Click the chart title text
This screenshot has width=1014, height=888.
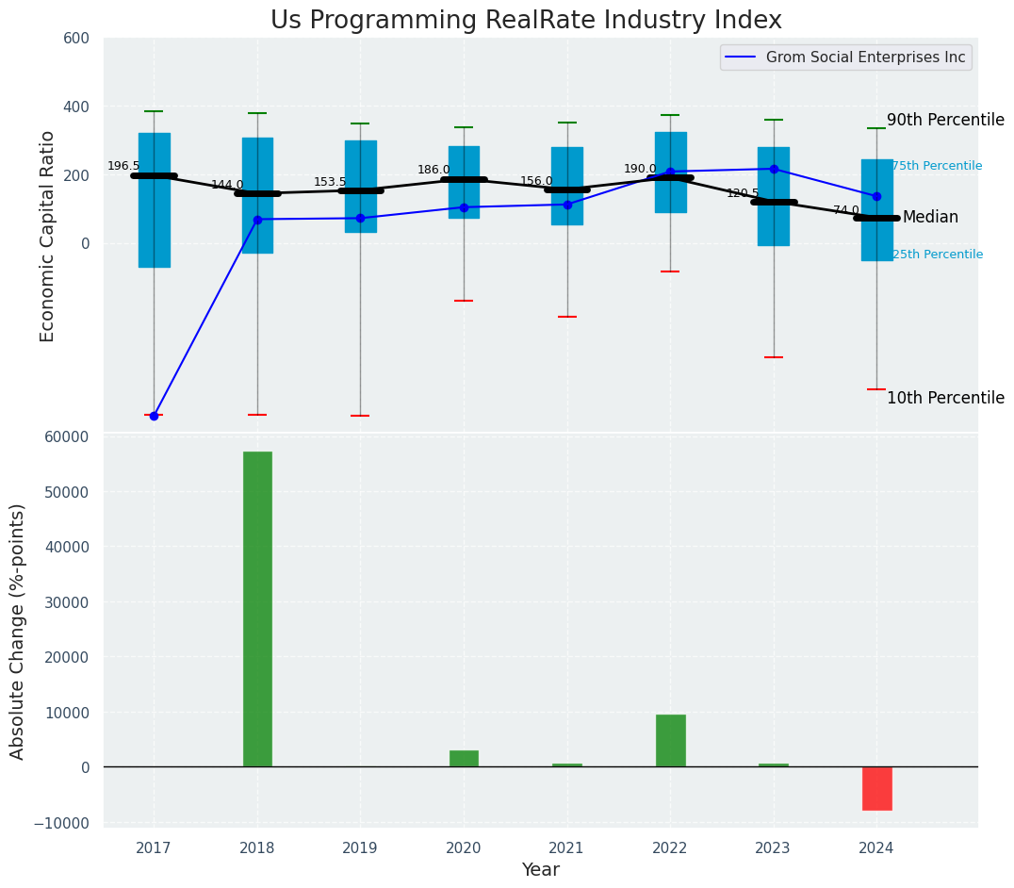(x=526, y=21)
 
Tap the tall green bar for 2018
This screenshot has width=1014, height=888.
(x=257, y=609)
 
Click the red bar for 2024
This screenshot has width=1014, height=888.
(x=876, y=788)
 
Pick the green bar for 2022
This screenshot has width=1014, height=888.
(x=670, y=741)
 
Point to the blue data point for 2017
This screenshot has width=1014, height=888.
(x=154, y=416)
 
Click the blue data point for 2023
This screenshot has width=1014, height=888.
(x=774, y=169)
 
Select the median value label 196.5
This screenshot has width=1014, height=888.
(x=123, y=166)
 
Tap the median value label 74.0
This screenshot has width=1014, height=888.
(x=846, y=210)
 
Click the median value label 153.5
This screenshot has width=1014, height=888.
(x=330, y=182)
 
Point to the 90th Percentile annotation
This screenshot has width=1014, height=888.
(x=945, y=120)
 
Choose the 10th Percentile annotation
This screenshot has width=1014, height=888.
(x=945, y=398)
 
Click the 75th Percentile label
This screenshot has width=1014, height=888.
(x=937, y=166)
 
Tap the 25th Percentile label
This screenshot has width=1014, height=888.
(x=937, y=255)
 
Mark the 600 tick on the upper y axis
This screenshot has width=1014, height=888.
(x=76, y=38)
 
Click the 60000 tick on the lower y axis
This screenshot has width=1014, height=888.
(x=68, y=436)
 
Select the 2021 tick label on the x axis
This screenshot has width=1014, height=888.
(x=566, y=848)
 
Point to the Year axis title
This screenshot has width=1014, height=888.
(x=541, y=870)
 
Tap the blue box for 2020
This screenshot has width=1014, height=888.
(x=464, y=182)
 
